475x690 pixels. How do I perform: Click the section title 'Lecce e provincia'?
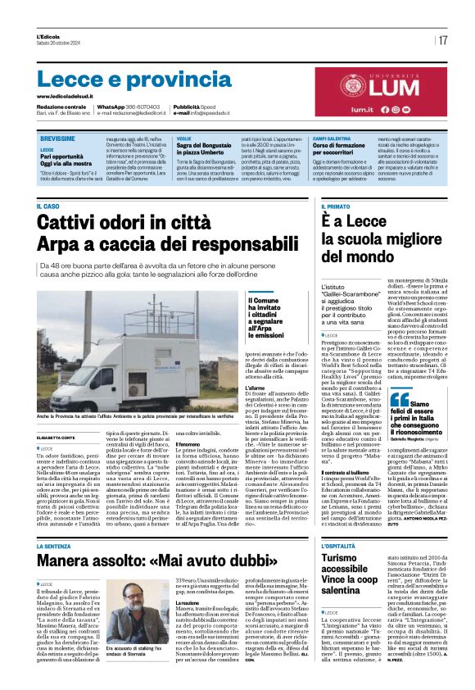(124, 79)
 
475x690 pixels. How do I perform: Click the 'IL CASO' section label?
(48, 206)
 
